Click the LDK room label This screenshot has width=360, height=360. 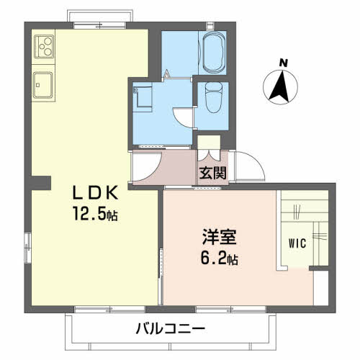pyautogui.click(x=95, y=192)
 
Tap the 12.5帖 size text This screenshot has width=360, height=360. pyautogui.click(x=95, y=214)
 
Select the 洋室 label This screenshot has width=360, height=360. pyautogui.click(x=220, y=237)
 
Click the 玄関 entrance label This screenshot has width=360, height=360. pyautogui.click(x=213, y=173)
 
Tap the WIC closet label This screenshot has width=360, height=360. pyautogui.click(x=297, y=243)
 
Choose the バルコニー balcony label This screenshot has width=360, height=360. pyautogui.click(x=171, y=328)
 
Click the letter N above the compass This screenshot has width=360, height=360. pyautogui.click(x=284, y=63)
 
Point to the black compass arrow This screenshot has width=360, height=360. pyautogui.click(x=280, y=86)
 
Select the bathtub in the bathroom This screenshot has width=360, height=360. pyautogui.click(x=214, y=53)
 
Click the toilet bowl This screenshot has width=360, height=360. pyautogui.click(x=214, y=97)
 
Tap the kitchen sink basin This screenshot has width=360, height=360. pyautogui.click(x=42, y=85)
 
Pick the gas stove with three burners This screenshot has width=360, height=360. pyautogui.click(x=44, y=46)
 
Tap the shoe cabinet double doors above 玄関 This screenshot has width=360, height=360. pyautogui.click(x=209, y=155)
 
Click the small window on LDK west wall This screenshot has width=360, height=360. pyautogui.click(x=28, y=248)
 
